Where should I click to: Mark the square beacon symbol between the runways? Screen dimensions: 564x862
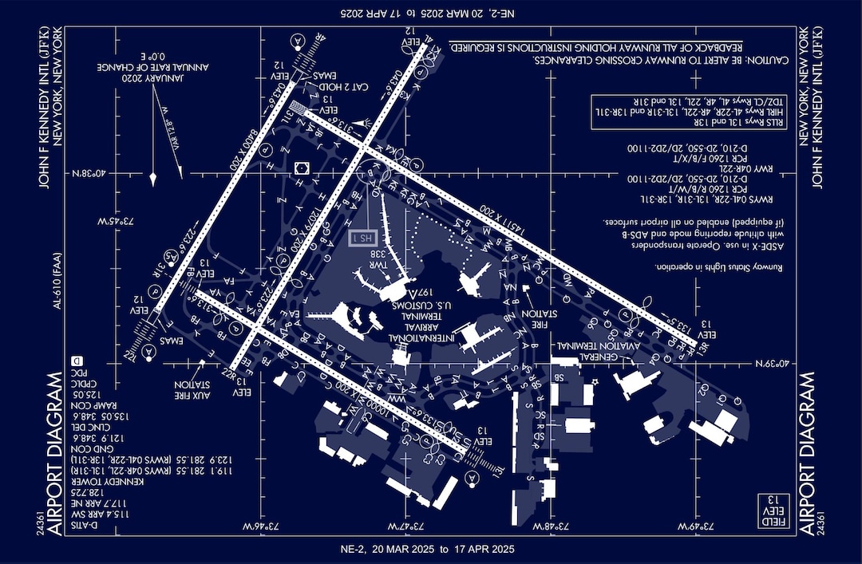pyautogui.click(x=302, y=168)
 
